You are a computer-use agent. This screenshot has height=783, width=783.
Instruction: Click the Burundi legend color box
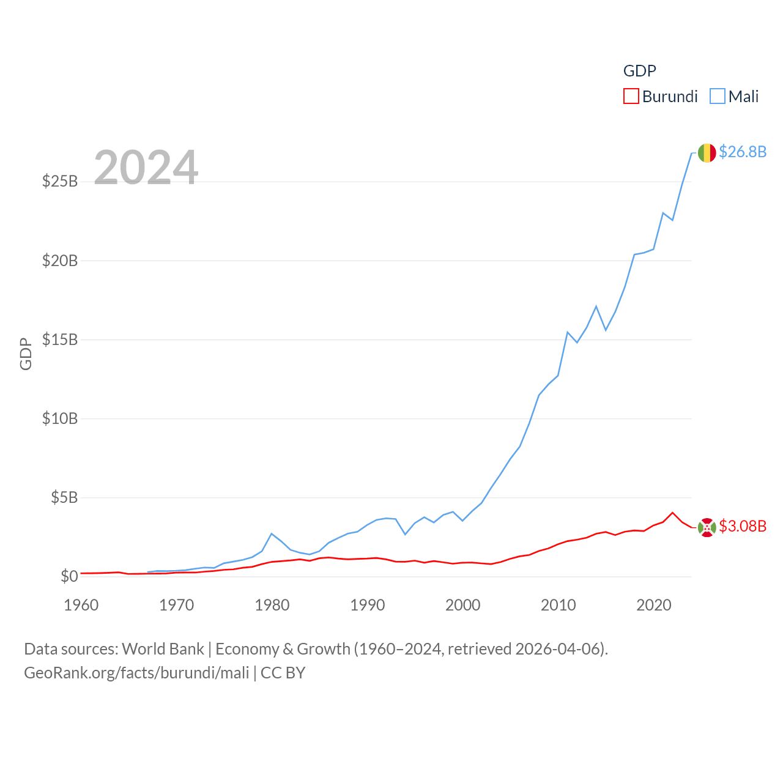tap(631, 97)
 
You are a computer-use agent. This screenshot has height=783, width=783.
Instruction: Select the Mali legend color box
tap(717, 97)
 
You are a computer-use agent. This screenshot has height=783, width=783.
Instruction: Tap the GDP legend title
tap(639, 71)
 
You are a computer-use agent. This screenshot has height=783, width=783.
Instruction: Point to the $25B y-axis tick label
tap(60, 181)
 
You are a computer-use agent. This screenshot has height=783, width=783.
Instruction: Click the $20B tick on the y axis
tap(60, 261)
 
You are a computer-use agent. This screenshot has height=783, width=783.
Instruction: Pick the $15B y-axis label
tap(60, 340)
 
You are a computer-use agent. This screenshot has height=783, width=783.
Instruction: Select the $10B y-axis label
tap(60, 418)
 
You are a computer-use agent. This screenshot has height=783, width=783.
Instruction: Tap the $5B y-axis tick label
tap(64, 497)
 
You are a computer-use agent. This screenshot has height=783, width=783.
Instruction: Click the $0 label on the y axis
tap(69, 576)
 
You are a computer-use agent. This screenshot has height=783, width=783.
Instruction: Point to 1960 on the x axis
tap(81, 605)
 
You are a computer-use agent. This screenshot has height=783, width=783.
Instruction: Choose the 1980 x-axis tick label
tap(272, 605)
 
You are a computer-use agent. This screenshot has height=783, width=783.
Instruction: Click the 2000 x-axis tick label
tap(463, 605)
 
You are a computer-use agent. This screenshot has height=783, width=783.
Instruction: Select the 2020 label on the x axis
tap(654, 605)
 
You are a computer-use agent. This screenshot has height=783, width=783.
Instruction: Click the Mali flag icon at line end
tap(707, 153)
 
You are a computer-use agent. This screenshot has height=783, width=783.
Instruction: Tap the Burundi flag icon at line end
tap(707, 527)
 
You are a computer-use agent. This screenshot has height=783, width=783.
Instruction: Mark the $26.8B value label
tap(743, 152)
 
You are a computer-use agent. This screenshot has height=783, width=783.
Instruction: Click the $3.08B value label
tap(743, 526)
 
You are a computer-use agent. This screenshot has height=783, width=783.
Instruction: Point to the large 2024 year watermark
tap(146, 168)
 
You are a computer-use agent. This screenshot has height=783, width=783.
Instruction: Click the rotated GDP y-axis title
tap(26, 354)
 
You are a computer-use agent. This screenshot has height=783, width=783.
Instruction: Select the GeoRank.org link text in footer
tap(136, 673)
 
